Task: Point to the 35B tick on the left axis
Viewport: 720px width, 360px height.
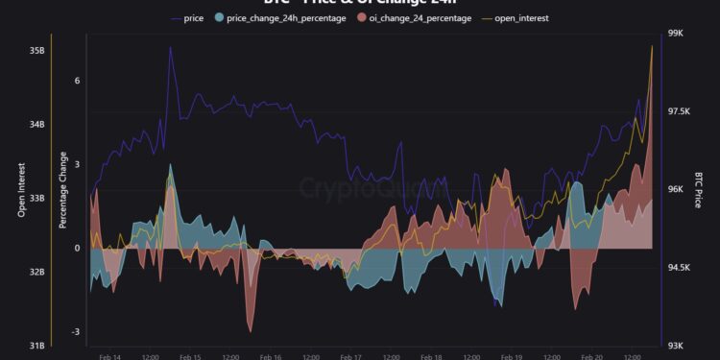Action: (36, 50)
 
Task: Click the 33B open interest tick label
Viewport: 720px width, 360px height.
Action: (36, 198)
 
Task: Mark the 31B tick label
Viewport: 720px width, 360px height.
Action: (36, 346)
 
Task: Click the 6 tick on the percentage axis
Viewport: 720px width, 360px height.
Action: (77, 81)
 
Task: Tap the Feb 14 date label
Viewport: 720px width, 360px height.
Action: (110, 355)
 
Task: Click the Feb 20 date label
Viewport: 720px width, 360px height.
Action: (591, 355)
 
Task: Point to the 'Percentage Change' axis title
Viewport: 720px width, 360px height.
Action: (62, 190)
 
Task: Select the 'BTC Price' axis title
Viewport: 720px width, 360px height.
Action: (700, 190)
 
